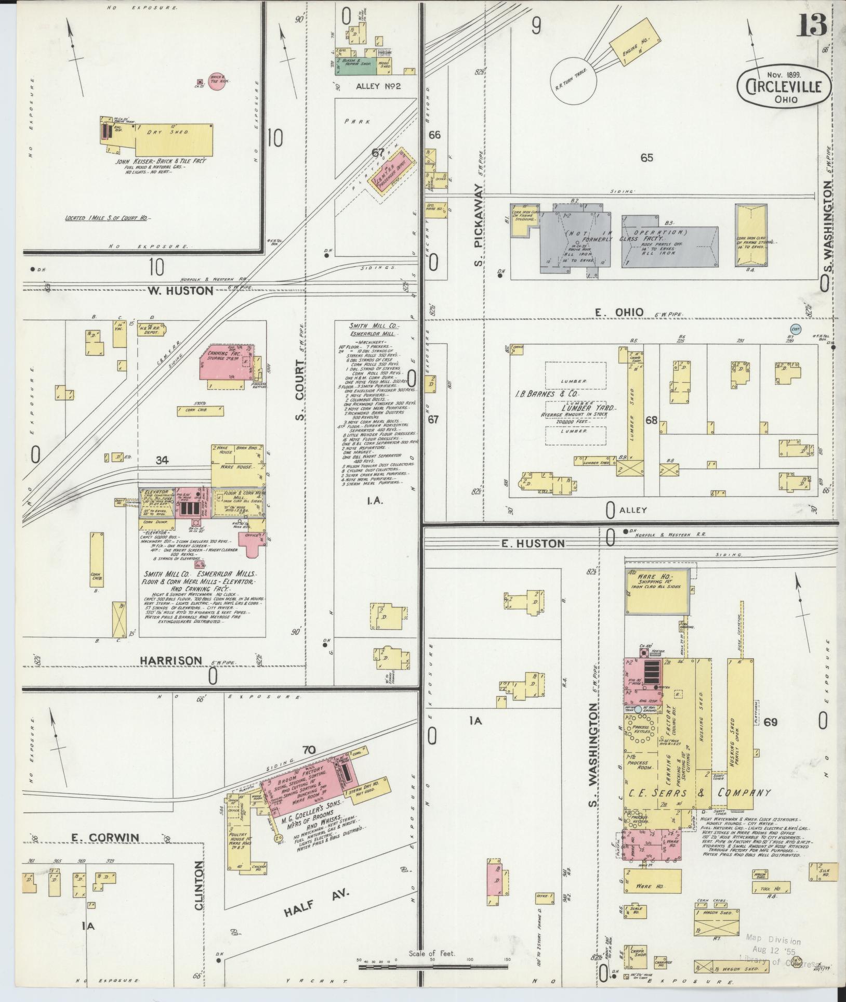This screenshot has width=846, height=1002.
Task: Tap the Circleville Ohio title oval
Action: click(783, 87)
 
